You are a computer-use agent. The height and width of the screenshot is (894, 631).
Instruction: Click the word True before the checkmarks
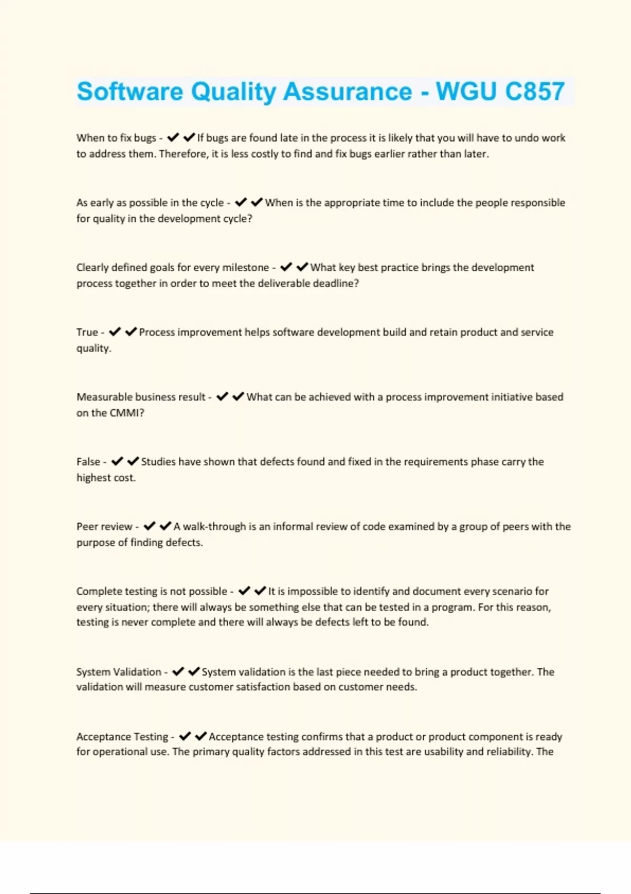click(x=87, y=332)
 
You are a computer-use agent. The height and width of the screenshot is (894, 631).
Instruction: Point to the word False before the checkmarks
click(x=88, y=462)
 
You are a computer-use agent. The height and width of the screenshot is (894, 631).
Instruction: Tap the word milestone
click(x=245, y=268)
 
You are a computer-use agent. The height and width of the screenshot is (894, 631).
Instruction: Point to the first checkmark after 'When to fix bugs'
click(x=173, y=138)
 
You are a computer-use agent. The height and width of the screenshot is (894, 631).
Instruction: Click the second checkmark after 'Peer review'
click(x=165, y=526)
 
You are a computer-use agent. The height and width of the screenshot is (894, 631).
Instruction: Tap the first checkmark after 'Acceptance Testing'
click(x=185, y=736)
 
